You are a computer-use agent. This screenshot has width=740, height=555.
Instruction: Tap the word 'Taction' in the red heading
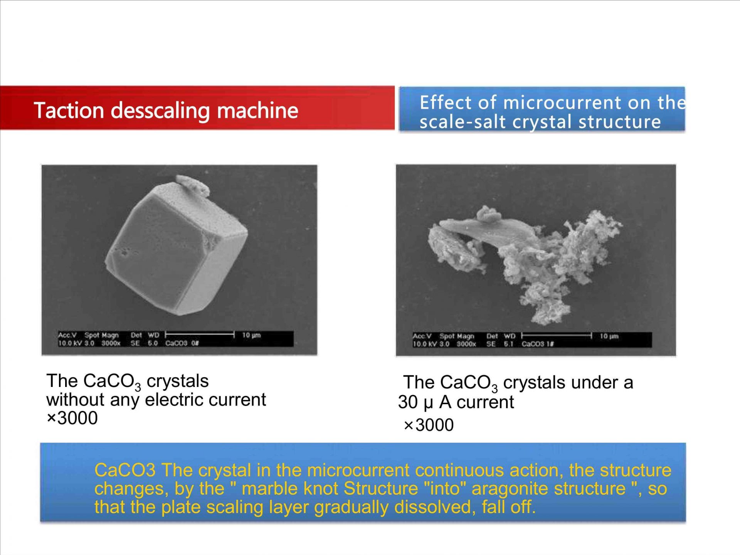click(69, 110)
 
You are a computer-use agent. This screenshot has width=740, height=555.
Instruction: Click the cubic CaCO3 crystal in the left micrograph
click(177, 248)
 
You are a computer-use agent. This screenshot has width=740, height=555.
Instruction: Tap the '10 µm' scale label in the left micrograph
click(251, 335)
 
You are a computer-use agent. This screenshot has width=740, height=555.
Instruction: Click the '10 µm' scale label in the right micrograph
click(609, 336)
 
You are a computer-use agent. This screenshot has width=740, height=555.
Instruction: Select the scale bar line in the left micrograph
click(200, 335)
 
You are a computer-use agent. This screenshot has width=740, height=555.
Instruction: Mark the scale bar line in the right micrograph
click(557, 336)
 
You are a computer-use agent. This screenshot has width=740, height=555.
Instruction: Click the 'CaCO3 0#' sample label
click(182, 343)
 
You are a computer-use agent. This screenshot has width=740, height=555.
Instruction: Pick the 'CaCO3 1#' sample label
click(538, 344)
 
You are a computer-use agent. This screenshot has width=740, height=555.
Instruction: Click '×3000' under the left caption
click(72, 418)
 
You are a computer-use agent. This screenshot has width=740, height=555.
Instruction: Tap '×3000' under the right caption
click(429, 425)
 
